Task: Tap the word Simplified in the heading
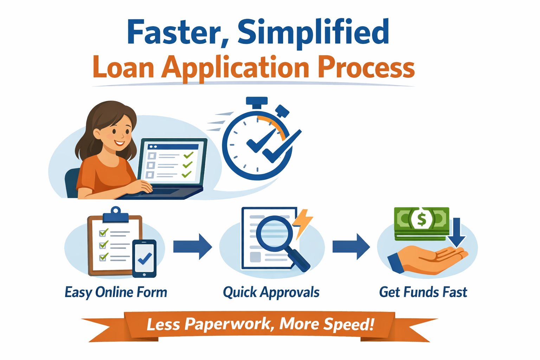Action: tap(313, 32)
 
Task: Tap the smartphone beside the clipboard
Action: tap(144, 259)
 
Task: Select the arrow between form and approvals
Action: tap(193, 246)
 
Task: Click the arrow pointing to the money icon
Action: tap(351, 246)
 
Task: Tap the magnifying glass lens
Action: tap(275, 232)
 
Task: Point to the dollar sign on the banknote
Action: tap(421, 219)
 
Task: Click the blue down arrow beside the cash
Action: tap(456, 233)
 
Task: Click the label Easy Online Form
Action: tap(116, 292)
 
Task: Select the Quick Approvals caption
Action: tap(271, 292)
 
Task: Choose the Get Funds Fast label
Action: tap(423, 292)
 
